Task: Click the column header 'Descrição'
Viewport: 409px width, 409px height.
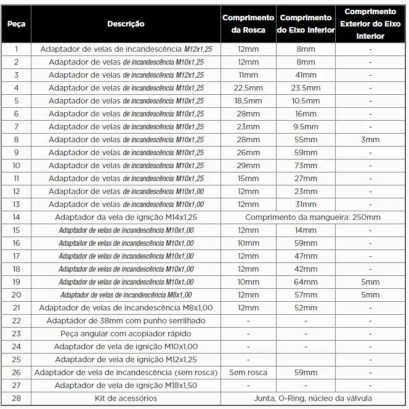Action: pos(126,24)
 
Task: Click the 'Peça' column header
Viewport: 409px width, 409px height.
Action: pos(16,24)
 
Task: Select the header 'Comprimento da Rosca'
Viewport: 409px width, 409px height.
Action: pos(248,24)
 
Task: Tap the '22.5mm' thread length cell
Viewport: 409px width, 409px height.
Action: pos(248,88)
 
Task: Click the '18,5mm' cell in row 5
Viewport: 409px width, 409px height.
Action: pos(248,101)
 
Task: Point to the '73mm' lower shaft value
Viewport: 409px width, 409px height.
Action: pos(306,166)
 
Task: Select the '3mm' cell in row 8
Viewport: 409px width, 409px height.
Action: pos(370,140)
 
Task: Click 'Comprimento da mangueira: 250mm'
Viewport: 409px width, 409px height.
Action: pos(312,217)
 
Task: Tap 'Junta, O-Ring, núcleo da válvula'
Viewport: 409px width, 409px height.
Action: pos(312,399)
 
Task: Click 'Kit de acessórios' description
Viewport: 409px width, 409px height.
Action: pos(126,399)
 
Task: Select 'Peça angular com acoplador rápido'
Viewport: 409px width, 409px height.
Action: pos(126,334)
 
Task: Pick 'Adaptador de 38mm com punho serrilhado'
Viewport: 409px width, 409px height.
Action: pos(126,321)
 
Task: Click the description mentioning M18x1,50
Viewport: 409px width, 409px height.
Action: pos(126,386)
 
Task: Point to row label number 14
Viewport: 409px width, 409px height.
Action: pos(16,217)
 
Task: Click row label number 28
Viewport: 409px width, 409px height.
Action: pos(16,399)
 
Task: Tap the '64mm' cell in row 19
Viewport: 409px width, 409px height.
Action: pos(306,282)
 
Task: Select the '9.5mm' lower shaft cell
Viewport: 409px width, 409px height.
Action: pos(306,127)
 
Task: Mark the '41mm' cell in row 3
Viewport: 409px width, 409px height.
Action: pos(306,75)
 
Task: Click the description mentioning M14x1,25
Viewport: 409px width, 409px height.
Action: pos(126,217)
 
